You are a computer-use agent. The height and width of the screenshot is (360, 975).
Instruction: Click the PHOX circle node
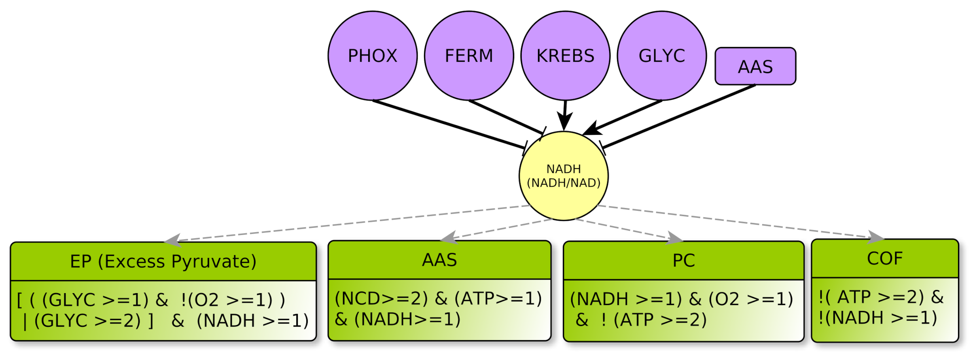pos(372,56)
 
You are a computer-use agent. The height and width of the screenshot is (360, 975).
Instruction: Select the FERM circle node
pos(469,56)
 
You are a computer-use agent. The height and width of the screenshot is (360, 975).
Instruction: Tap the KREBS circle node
pos(565,56)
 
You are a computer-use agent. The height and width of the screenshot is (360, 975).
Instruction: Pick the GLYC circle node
pos(662,56)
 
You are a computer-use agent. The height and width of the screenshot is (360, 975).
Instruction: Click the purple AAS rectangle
pos(755,66)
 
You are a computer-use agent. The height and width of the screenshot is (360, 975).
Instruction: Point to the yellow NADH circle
pos(564,176)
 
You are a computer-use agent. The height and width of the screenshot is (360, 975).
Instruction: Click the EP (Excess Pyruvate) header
pos(163,261)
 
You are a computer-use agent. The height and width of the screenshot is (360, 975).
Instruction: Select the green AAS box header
pos(439,260)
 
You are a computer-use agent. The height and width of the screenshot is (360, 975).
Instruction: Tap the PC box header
pos(683,261)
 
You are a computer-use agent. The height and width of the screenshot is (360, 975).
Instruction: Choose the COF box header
pos(885,259)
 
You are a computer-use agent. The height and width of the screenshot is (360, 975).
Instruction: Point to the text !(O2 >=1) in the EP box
pos(226,300)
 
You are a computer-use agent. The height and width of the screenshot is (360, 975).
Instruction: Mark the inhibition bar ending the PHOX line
pos(525,148)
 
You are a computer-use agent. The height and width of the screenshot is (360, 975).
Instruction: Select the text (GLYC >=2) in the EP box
pos(87,321)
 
